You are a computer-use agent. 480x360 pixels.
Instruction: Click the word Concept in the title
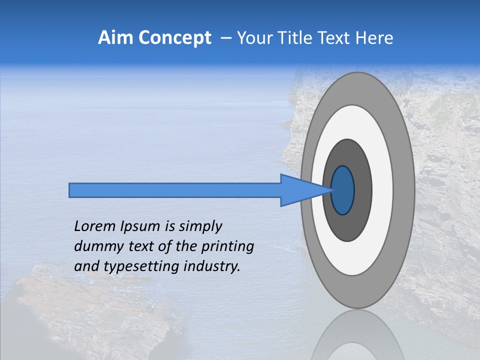(174, 38)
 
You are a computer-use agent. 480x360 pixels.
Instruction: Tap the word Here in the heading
(373, 38)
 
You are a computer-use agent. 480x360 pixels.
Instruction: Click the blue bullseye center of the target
(343, 190)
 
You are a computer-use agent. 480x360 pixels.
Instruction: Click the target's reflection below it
(357, 335)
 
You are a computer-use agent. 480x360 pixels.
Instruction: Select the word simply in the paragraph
(200, 227)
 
